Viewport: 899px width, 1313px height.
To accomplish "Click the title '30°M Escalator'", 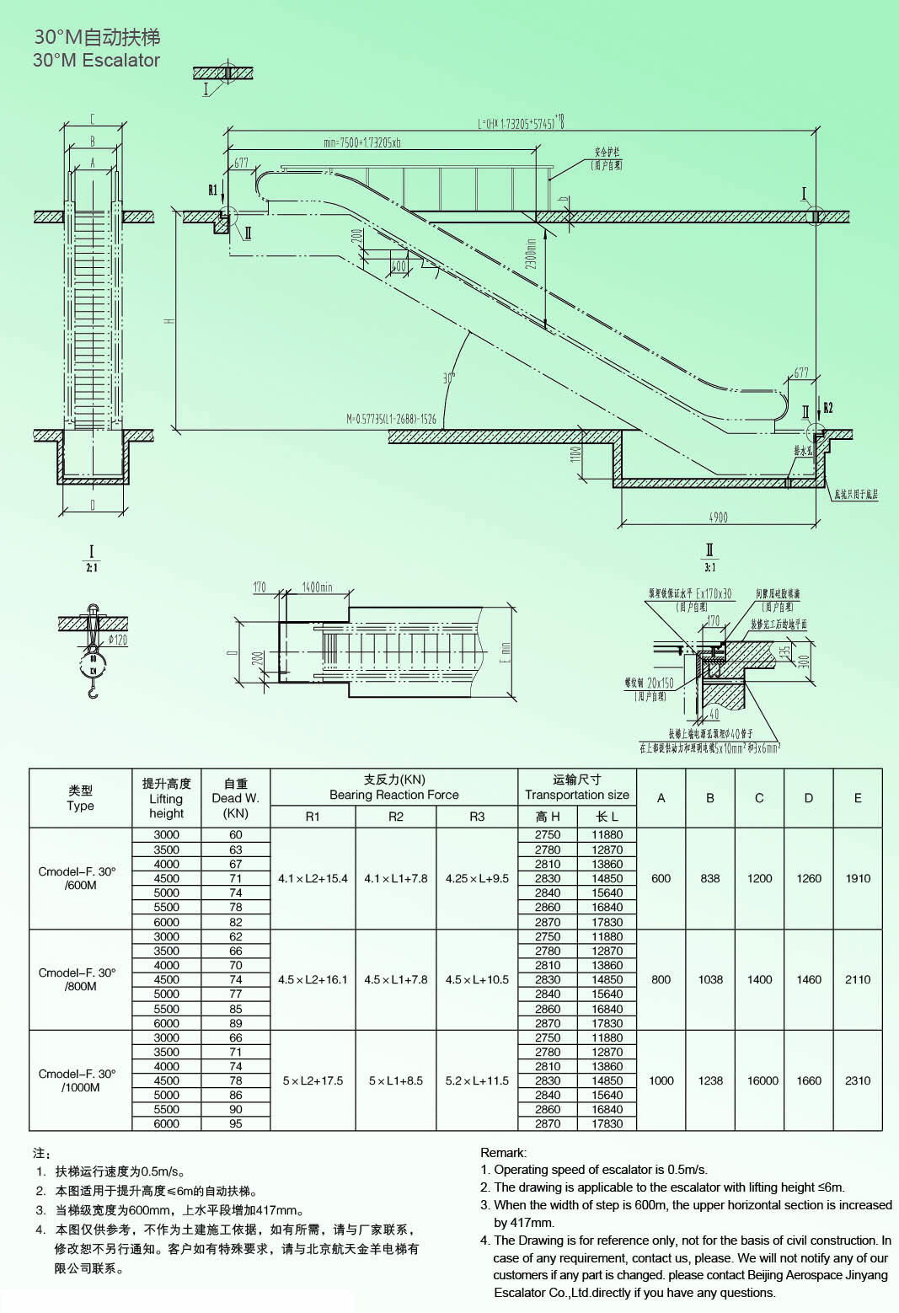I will (96, 61).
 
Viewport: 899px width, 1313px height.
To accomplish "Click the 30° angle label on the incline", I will (449, 378).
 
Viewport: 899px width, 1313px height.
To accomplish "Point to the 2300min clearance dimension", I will (531, 253).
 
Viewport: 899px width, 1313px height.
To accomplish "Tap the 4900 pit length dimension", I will (718, 517).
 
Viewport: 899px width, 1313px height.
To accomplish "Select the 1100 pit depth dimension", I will (576, 454).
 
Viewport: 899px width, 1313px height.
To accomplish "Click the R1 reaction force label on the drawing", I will (213, 190).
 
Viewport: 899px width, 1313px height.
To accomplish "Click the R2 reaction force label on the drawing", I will (827, 408).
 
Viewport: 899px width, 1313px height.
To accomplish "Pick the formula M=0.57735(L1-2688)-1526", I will (391, 419).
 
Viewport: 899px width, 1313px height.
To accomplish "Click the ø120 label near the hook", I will (117, 640).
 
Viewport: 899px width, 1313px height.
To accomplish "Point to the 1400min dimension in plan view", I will (317, 587).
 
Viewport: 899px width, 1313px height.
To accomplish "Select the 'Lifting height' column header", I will (166, 798).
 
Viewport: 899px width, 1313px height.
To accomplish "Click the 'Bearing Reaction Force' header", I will (393, 795).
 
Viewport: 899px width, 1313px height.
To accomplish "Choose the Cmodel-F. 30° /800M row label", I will (78, 979).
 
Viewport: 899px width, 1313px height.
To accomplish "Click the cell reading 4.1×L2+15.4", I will (313, 878).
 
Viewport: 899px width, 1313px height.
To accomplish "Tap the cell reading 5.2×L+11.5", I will (477, 1080).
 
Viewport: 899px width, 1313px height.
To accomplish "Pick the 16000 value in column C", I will (763, 1080).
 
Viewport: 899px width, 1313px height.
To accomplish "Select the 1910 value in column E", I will (858, 878).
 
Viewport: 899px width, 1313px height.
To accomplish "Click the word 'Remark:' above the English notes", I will (503, 1152).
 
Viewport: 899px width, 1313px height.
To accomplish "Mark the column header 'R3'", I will (477, 817).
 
